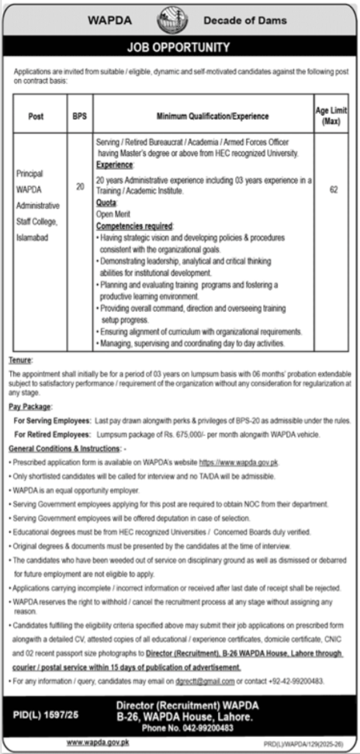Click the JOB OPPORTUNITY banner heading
(179, 48)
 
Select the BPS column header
(79, 116)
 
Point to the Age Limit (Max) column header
(333, 116)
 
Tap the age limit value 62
(333, 188)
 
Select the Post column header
(36, 116)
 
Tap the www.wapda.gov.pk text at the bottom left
(96, 742)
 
